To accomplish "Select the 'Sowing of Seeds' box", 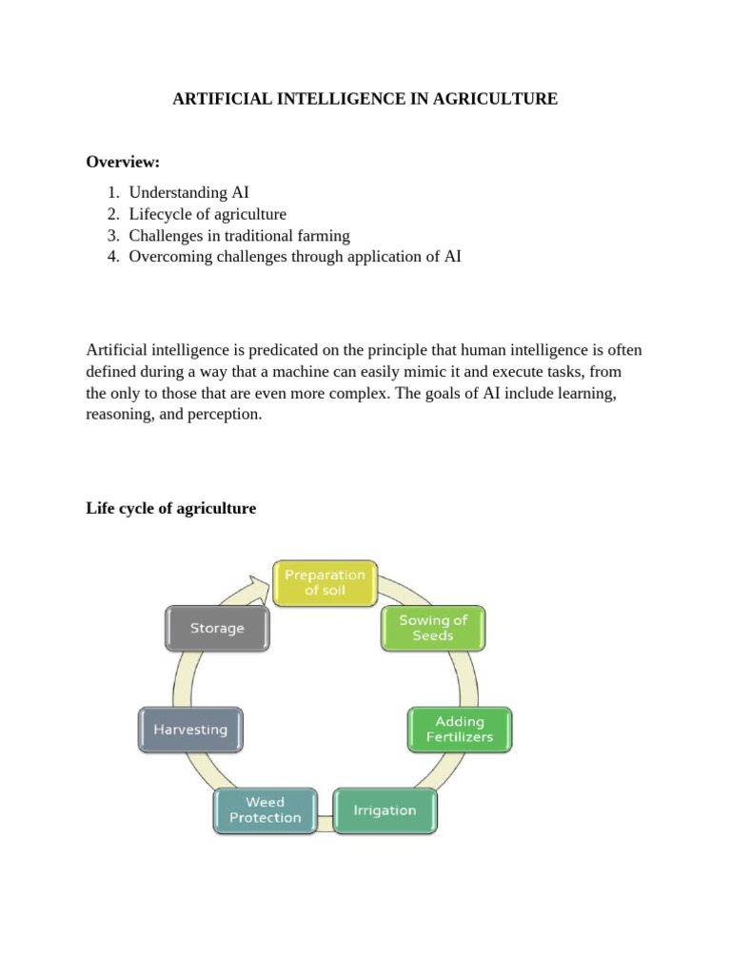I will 432,628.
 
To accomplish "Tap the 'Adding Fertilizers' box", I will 460,729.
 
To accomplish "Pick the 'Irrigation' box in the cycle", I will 385,810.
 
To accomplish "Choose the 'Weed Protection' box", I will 265,809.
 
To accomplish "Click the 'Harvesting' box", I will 190,730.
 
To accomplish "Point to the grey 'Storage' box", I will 217,628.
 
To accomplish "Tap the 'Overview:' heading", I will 123,162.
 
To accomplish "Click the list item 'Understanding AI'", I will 188,193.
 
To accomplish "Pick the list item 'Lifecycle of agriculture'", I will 207,214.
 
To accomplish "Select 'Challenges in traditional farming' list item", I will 239,235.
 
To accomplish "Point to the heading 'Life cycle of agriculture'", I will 171,509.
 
